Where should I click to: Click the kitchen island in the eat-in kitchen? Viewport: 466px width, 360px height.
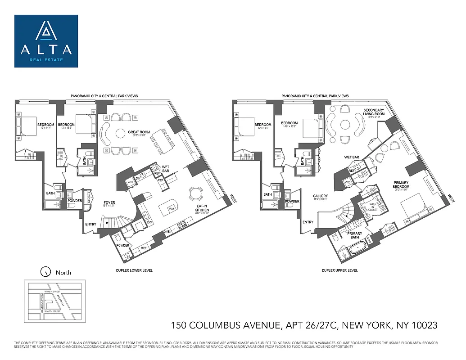click(171, 209)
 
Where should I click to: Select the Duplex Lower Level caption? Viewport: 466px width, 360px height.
click(134, 270)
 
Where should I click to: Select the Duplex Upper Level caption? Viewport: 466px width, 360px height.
click(340, 270)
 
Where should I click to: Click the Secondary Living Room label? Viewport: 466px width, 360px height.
click(374, 112)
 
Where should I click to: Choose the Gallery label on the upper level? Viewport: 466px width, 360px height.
click(320, 197)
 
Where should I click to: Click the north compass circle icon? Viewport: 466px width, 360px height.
click(45, 272)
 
